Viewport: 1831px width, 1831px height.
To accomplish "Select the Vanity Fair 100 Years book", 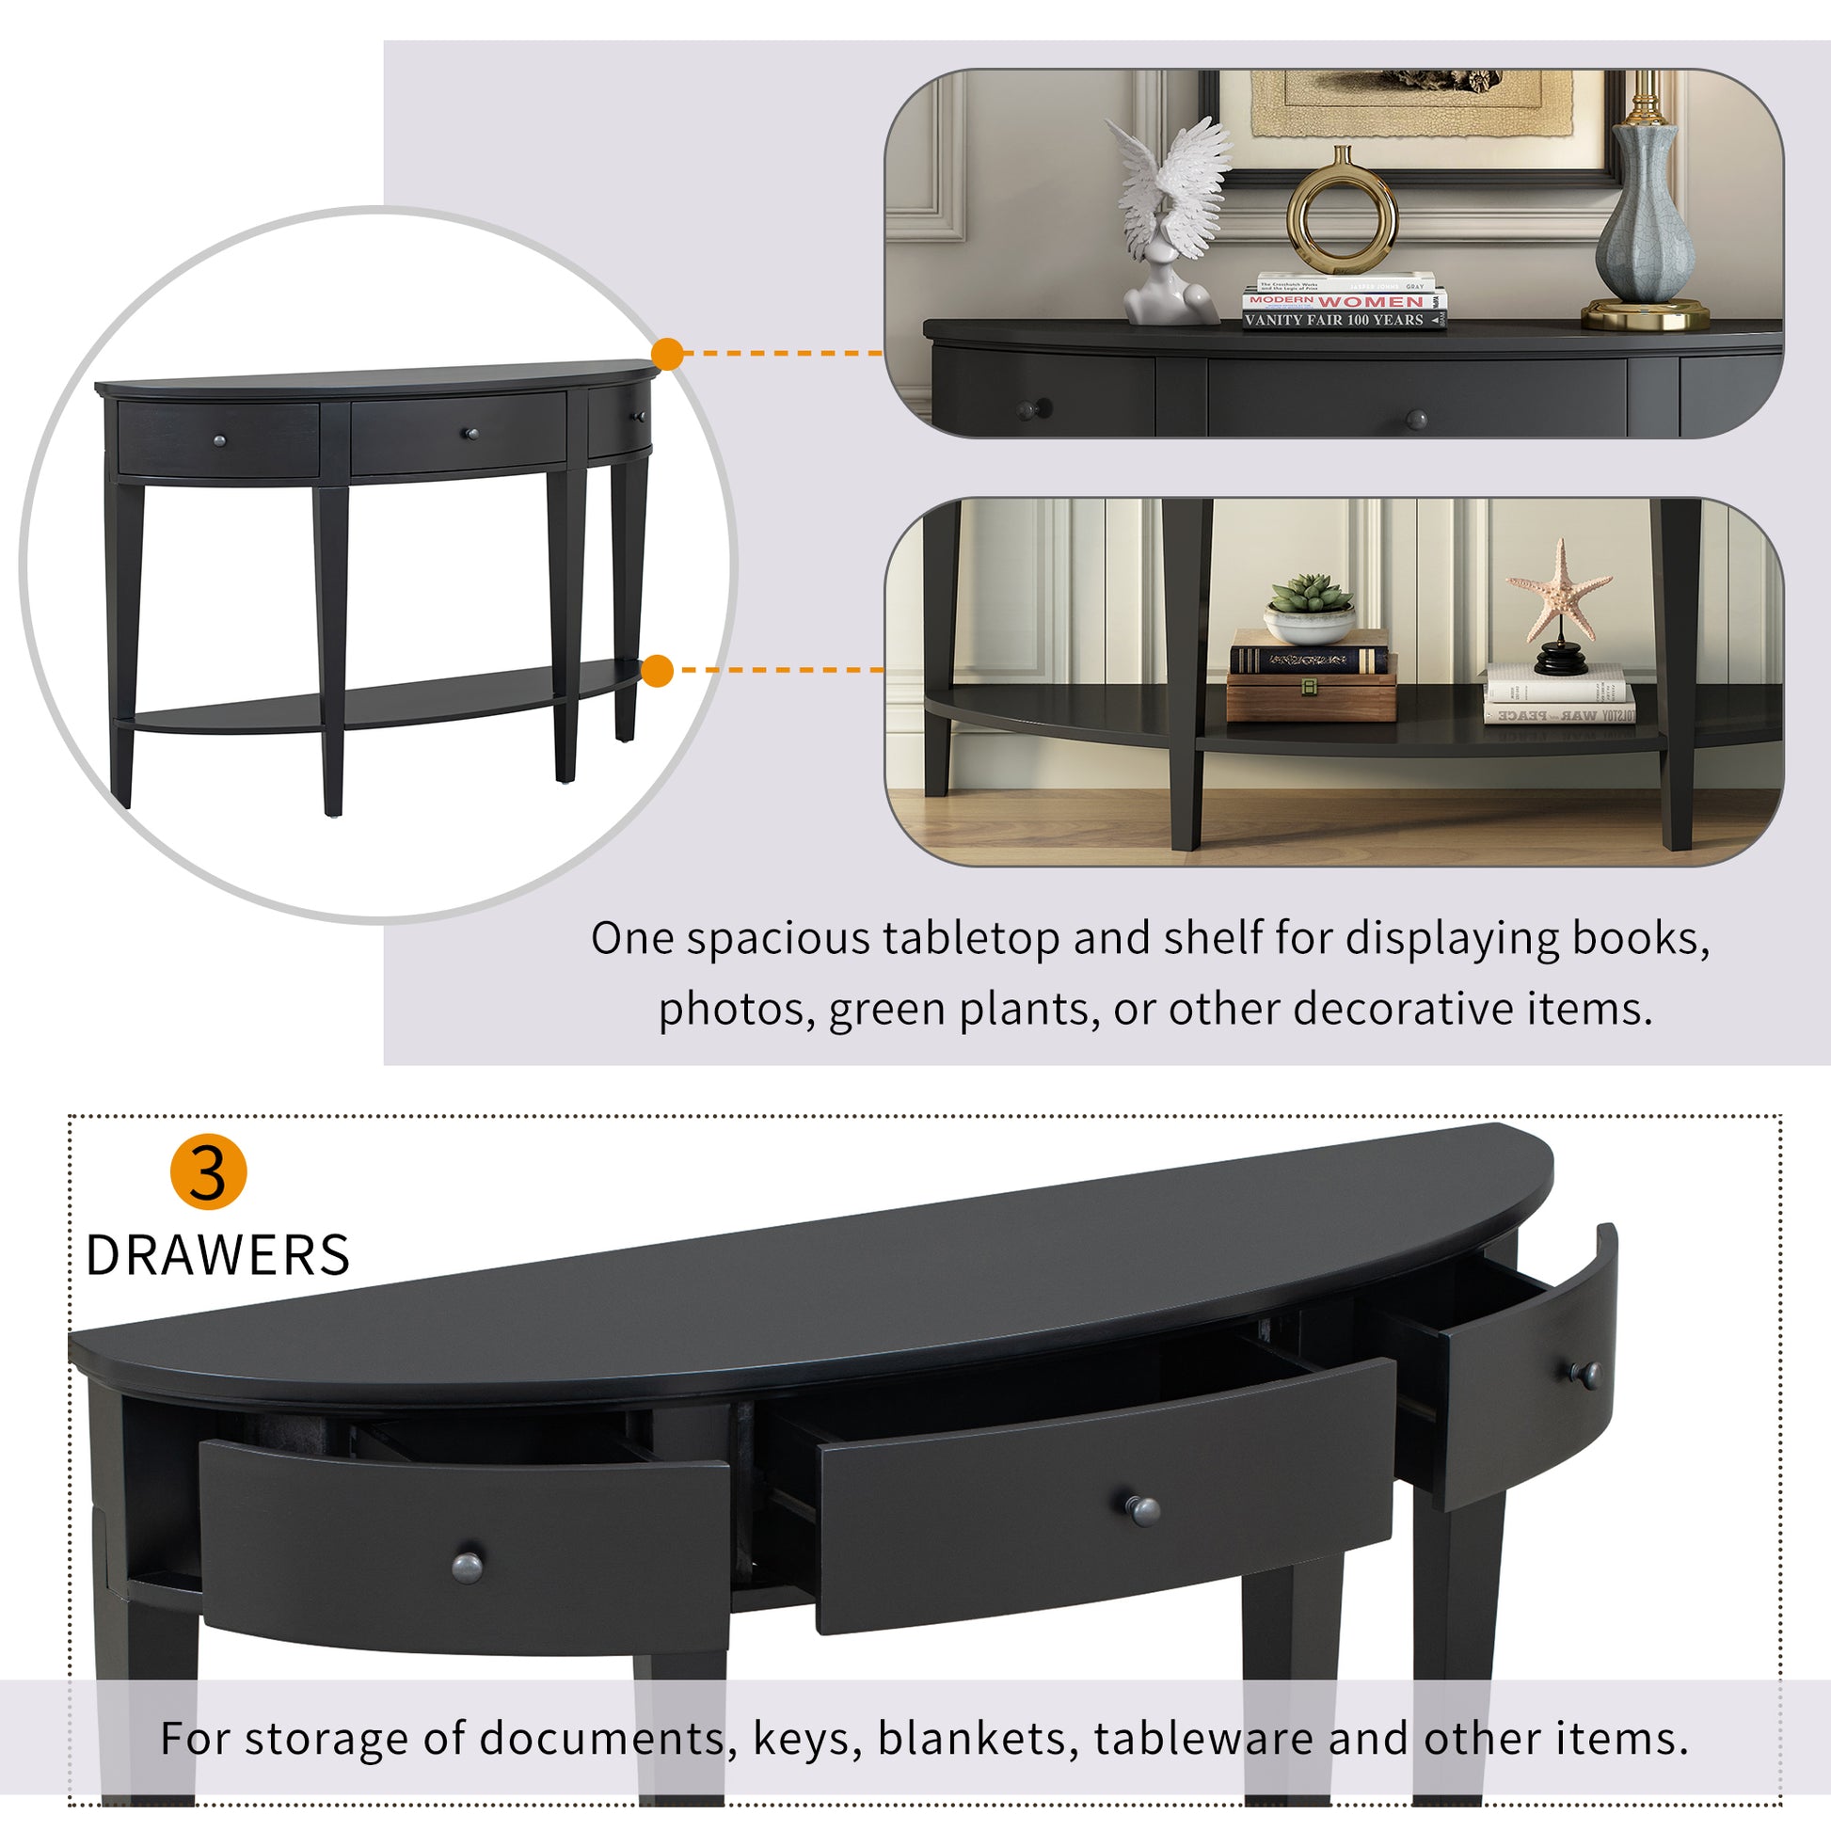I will (x=1344, y=320).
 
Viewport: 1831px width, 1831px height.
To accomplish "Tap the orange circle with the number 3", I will (x=209, y=1171).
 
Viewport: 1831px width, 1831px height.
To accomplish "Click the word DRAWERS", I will (x=218, y=1255).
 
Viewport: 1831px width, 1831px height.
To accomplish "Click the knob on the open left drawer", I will (x=468, y=1567).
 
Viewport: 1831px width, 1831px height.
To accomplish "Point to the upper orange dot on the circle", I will (x=667, y=354).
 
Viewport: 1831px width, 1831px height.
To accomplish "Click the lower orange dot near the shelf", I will (x=657, y=671).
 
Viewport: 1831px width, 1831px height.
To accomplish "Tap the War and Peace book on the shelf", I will (x=1559, y=714).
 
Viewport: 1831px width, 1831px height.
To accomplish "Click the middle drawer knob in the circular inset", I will (x=469, y=433).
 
